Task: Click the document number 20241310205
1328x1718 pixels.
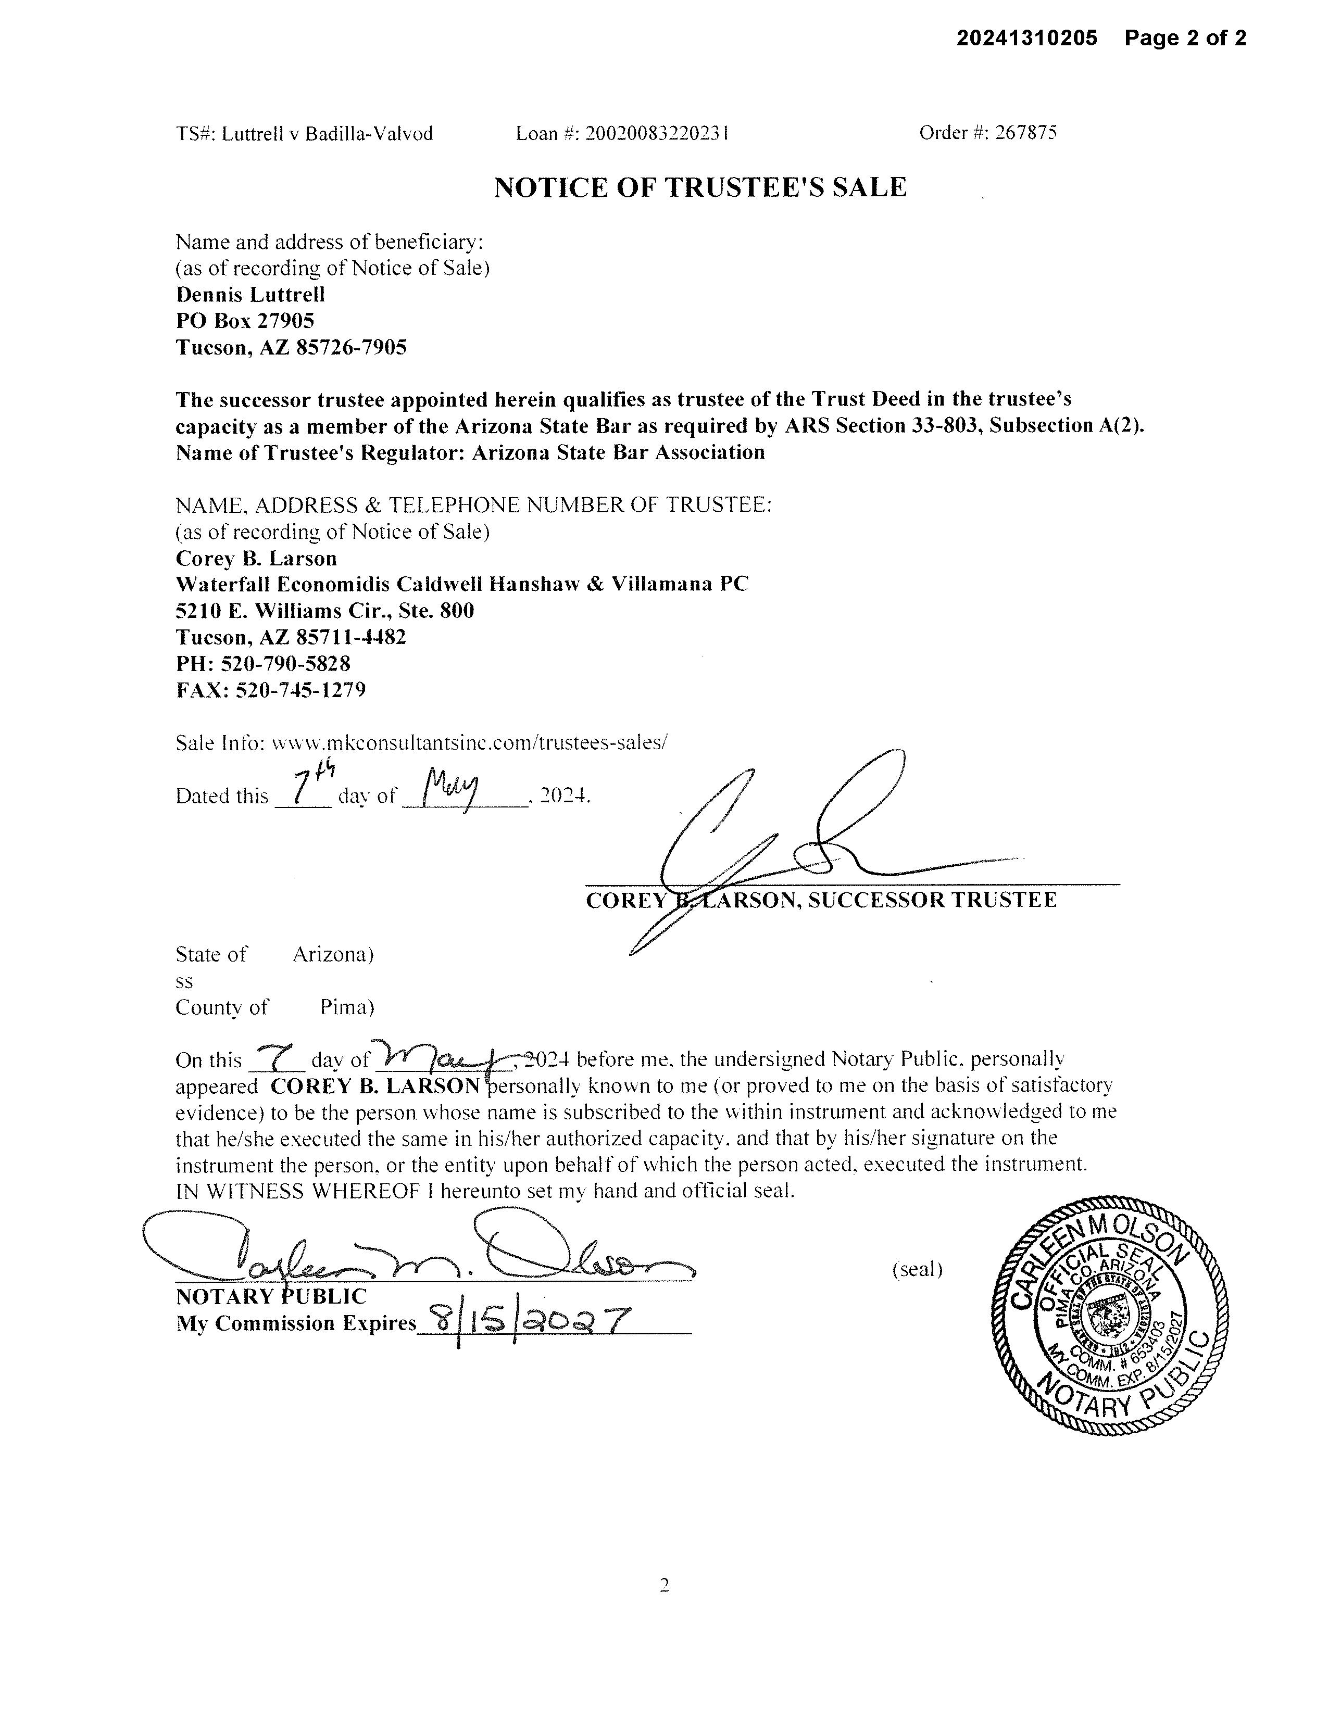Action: pos(1026,38)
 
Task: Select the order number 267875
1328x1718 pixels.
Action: pos(1026,132)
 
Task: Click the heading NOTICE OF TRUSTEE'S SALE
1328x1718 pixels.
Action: pos(700,187)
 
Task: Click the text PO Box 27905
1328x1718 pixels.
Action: pos(245,320)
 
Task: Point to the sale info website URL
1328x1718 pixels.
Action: pos(469,742)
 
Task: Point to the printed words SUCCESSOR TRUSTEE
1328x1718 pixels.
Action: pos(932,900)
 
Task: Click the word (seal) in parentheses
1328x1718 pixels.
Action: pos(917,1269)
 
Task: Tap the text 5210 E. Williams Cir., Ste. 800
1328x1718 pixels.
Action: pos(325,611)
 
